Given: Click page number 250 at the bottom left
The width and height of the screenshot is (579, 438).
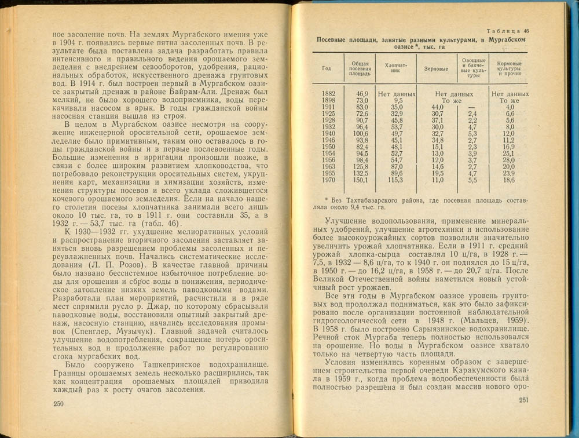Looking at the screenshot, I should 58,404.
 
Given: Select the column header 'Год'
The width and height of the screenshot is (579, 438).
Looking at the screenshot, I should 327,68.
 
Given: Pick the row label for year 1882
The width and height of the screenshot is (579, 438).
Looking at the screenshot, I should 328,93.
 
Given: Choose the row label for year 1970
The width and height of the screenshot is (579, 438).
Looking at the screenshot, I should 328,181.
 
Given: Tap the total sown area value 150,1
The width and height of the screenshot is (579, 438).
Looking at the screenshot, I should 361,181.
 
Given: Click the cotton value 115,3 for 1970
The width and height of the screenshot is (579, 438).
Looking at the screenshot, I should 397,181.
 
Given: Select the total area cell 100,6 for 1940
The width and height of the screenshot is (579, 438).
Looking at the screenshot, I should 361,133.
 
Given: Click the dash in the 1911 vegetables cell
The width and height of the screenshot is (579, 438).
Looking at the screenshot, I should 472,107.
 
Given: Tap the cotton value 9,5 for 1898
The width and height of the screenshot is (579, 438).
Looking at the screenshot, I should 397,100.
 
